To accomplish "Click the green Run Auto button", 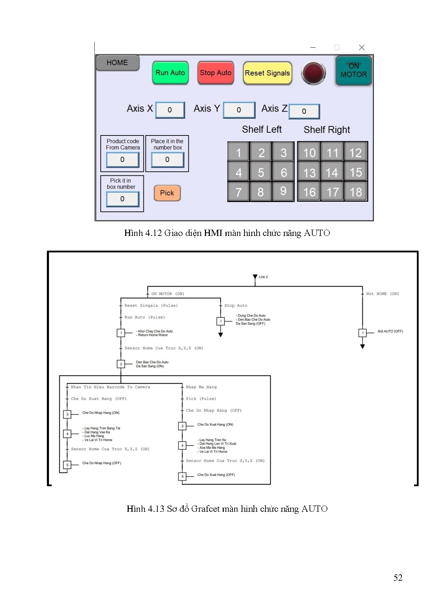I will (170, 73).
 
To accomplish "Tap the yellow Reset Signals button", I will (267, 73).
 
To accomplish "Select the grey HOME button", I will (118, 63).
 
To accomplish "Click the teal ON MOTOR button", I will (354, 71).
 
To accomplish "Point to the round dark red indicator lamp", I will (314, 73).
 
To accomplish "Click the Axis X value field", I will (170, 110).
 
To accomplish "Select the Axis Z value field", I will (304, 111).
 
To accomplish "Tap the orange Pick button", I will (167, 193).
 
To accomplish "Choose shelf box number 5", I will (261, 172).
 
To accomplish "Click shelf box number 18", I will (356, 192).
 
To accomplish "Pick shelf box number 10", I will (309, 153).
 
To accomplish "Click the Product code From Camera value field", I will (122, 160).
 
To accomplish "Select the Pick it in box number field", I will (122, 199).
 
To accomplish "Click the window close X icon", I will (362, 47).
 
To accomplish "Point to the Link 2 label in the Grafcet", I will (263, 277).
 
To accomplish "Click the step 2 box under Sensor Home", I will (121, 364).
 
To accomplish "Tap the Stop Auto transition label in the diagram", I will (236, 306).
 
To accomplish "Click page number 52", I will (398, 578).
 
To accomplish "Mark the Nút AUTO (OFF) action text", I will (390, 331).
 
